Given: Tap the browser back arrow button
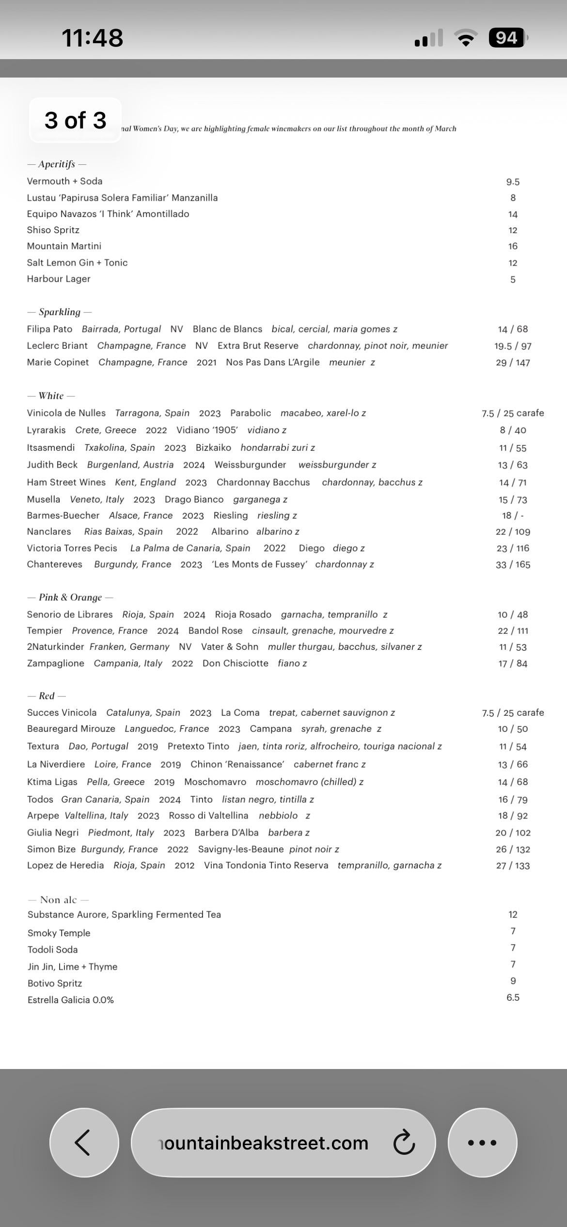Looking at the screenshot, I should click(x=84, y=1142).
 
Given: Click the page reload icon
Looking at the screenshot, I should click(x=404, y=1143).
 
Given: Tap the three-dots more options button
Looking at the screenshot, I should click(x=482, y=1142).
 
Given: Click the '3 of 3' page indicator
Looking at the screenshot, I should click(x=75, y=120).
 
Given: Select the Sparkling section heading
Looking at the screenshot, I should click(x=60, y=312).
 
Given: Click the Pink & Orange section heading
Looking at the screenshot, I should click(x=70, y=598).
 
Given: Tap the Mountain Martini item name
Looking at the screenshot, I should click(x=64, y=246).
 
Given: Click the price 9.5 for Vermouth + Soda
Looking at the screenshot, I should click(x=513, y=182).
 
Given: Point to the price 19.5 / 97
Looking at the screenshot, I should click(x=513, y=346).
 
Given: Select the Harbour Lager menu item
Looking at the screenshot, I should click(x=59, y=279).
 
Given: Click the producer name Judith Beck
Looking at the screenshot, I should click(x=52, y=465).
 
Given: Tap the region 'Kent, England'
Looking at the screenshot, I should click(x=145, y=482).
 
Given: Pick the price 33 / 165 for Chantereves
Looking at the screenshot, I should click(x=513, y=565).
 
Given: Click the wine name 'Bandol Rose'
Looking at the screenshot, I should click(x=215, y=630).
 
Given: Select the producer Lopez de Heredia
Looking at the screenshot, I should click(x=65, y=865).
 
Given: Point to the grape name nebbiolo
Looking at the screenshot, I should click(x=278, y=816).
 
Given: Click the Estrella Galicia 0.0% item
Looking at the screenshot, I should click(x=71, y=1000).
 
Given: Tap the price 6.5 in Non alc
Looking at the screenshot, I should click(x=513, y=997).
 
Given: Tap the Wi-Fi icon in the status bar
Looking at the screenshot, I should click(x=466, y=38).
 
